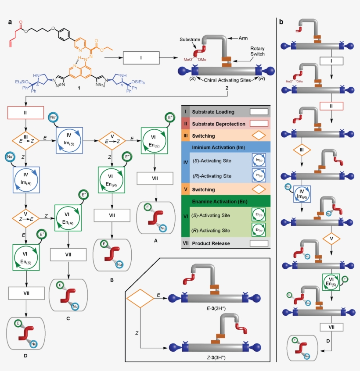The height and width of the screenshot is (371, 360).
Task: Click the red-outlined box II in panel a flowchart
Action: pyautogui.click(x=25, y=112)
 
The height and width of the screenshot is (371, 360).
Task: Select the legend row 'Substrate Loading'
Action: pyautogui.click(x=216, y=112)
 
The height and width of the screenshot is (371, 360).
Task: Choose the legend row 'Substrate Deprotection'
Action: pyautogui.click(x=219, y=124)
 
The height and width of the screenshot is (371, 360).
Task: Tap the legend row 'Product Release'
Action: pyautogui.click(x=213, y=243)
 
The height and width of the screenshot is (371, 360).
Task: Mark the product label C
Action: pyautogui.click(x=68, y=307)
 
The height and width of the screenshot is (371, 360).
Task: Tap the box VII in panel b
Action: pyautogui.click(x=330, y=327)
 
